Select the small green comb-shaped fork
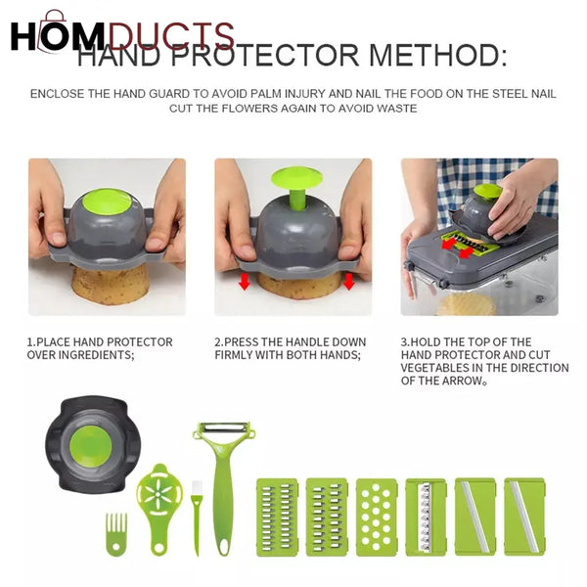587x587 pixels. [116, 534]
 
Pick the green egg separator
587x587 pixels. [159, 504]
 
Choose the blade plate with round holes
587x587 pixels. [377, 517]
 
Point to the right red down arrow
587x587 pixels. [348, 282]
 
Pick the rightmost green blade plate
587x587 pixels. [524, 517]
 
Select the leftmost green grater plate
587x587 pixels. [277, 517]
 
